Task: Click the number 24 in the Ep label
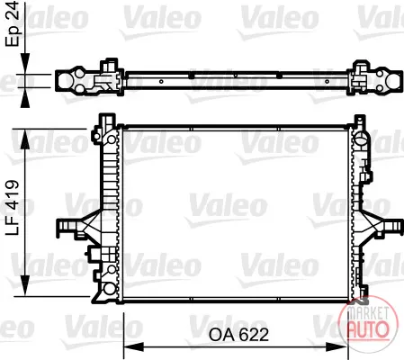[x=13, y=10]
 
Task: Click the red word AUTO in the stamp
[x=368, y=329]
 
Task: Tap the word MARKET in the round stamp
[x=368, y=313]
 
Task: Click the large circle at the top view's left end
[x=66, y=81]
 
